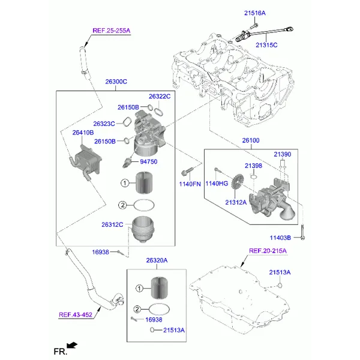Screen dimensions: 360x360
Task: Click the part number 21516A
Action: (x=255, y=13)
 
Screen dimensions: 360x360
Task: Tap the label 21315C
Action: (x=266, y=45)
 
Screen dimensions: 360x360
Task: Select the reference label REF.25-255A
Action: (x=112, y=31)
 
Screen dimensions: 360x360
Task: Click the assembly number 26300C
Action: (x=116, y=82)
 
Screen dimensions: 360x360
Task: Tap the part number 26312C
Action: (x=112, y=224)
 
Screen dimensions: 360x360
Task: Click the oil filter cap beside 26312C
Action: (x=142, y=229)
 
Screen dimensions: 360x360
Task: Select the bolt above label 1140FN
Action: (x=187, y=172)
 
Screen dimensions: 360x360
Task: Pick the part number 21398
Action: (x=253, y=166)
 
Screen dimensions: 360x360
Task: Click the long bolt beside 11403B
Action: (x=302, y=232)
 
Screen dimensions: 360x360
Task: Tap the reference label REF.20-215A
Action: (x=268, y=251)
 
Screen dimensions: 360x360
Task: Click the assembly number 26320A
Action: (x=157, y=260)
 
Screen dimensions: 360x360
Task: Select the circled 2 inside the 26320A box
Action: (x=137, y=309)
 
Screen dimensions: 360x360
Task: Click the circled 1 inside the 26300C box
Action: (x=125, y=183)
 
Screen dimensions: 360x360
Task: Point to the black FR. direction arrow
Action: (x=72, y=346)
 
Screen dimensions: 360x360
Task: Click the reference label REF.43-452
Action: (x=76, y=315)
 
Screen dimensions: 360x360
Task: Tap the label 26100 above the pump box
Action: (x=251, y=140)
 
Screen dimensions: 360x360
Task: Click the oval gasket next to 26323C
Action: (x=127, y=122)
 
